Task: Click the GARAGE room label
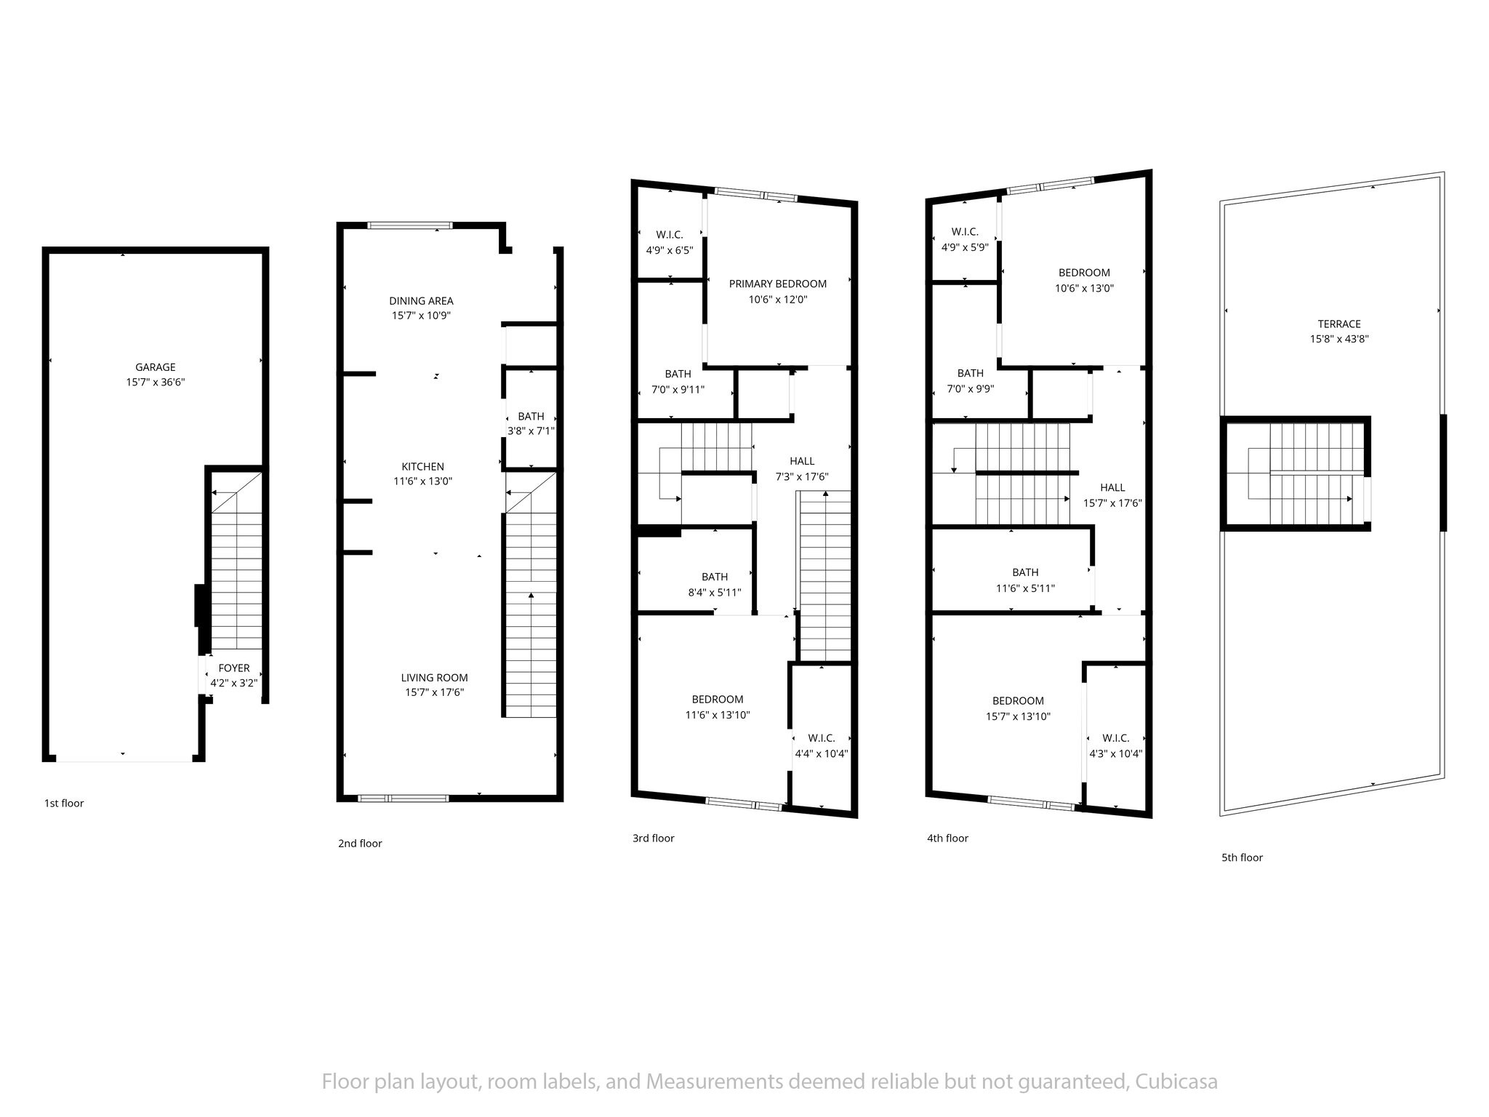[x=155, y=367]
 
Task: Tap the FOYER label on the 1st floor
[x=233, y=668]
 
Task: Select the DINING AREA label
[x=421, y=300]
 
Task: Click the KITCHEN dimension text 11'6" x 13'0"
[x=422, y=481]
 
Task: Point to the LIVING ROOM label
[x=434, y=677]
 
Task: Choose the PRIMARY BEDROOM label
[x=777, y=284]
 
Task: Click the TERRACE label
[x=1339, y=324]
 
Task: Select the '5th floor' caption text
[x=1242, y=857]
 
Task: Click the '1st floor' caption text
[x=64, y=803]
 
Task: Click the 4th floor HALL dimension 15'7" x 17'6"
[x=1112, y=503]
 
